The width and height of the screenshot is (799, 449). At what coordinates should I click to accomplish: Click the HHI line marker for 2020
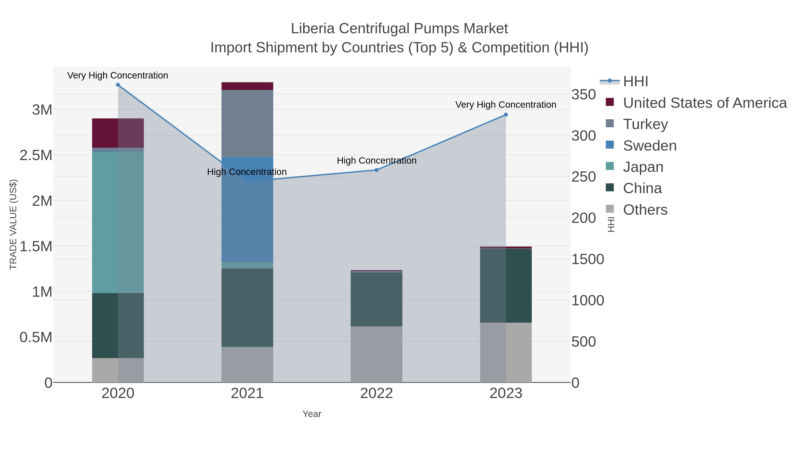coord(118,85)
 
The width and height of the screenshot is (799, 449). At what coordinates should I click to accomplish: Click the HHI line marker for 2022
coord(377,170)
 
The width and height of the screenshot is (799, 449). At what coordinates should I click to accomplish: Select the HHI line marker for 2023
coord(506,115)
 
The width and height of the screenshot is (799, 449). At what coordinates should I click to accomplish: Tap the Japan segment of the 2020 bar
coord(118,222)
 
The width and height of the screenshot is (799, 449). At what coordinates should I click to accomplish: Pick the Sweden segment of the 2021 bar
coord(247,210)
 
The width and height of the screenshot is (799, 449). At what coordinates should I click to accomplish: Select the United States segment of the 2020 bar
coord(118,133)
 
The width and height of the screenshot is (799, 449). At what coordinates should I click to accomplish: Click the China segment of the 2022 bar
coord(377,299)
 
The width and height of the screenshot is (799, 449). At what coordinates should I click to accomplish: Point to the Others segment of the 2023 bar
coord(506,352)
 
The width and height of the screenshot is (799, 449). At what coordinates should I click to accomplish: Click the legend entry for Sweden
coord(649,146)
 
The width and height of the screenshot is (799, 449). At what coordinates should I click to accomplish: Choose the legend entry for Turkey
coord(645,124)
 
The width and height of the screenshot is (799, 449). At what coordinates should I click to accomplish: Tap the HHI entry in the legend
coord(635,82)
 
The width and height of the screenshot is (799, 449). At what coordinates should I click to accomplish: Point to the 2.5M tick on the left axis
coord(36,155)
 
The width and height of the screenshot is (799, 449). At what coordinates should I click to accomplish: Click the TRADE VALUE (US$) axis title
coord(13,224)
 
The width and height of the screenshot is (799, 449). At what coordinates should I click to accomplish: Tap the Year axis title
coord(312,414)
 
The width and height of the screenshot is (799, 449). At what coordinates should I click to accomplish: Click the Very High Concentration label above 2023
coord(506,105)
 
